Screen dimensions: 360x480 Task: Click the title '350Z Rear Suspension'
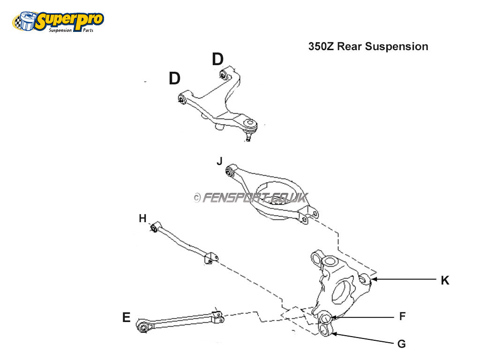click(368, 46)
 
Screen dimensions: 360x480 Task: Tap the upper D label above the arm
click(217, 60)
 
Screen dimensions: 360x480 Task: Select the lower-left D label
click(174, 79)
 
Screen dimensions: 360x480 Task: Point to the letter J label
click(219, 162)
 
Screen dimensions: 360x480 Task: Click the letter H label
click(142, 218)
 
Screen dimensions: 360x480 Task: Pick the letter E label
click(126, 318)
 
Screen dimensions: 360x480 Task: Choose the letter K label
click(445, 280)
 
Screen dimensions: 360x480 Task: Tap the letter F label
click(402, 316)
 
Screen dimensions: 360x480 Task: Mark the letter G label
click(401, 344)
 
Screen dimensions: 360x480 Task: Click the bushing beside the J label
click(230, 171)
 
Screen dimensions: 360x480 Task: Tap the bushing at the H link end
click(154, 228)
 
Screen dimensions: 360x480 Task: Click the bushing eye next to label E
click(142, 325)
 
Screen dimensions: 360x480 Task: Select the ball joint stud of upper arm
click(248, 137)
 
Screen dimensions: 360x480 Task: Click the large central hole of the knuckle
click(341, 291)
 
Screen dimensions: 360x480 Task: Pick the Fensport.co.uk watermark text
click(251, 198)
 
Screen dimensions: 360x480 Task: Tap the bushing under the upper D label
click(224, 74)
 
